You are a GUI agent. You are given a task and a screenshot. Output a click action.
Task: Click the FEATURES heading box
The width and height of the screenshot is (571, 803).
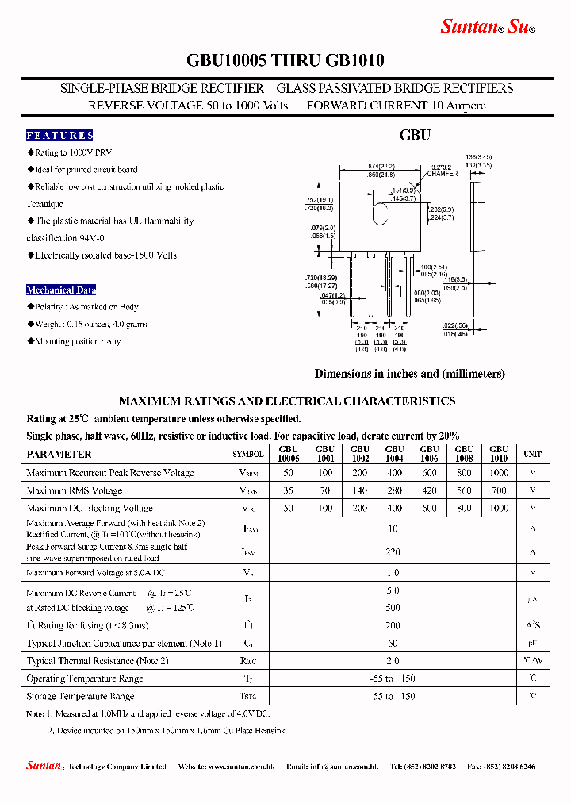[59, 136]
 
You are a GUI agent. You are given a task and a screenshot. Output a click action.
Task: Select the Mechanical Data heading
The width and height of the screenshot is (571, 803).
[61, 290]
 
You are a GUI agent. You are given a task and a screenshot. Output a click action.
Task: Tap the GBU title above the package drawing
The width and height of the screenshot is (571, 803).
[415, 135]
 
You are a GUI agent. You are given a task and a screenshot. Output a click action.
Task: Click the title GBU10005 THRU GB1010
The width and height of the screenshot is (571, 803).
[285, 61]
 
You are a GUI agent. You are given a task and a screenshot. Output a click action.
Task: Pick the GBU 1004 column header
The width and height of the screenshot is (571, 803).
[394, 454]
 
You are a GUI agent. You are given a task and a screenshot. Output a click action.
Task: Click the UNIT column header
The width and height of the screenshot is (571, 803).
[532, 455]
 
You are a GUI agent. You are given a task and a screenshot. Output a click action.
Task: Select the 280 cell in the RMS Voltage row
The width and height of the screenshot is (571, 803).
[394, 490]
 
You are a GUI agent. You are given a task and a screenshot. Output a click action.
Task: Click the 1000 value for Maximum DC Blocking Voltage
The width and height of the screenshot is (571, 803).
[499, 508]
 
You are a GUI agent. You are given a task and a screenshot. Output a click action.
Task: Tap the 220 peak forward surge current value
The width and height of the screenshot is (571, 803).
[393, 551]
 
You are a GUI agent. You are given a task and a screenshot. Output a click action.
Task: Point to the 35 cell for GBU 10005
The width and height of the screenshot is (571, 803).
[289, 490]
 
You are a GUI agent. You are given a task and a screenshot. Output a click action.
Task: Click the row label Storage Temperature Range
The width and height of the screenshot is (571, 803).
[86, 696]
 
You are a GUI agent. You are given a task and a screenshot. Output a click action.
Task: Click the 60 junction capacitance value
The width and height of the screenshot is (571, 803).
[393, 644]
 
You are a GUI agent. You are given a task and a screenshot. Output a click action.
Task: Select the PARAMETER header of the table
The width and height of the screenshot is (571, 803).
[59, 455]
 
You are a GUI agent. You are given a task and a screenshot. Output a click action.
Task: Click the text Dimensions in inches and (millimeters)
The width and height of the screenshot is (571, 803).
[409, 374]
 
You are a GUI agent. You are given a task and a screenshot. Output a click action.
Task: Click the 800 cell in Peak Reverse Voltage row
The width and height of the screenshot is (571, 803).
[464, 473]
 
